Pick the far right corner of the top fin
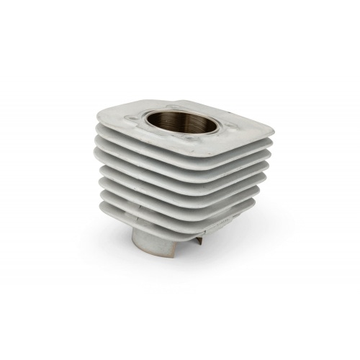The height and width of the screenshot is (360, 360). (x=271, y=130)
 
